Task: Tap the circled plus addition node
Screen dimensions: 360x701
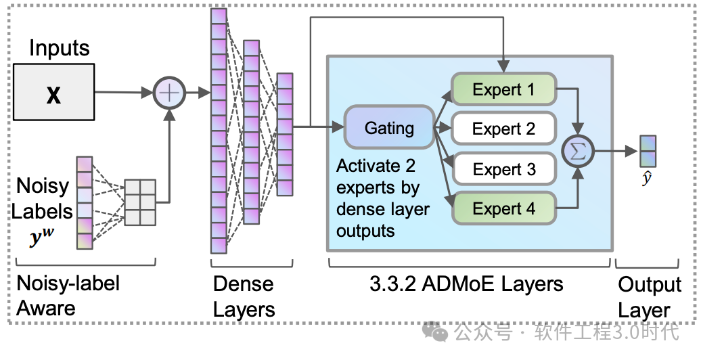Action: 169,92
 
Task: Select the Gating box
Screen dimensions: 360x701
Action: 389,127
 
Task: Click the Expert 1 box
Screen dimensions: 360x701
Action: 503,89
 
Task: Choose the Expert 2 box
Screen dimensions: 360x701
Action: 503,128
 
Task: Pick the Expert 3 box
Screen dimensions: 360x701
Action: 503,168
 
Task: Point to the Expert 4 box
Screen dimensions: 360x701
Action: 503,208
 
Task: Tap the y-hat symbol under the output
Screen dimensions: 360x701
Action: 646,179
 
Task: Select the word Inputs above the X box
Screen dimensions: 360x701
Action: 60,48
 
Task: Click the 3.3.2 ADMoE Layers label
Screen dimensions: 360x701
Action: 466,284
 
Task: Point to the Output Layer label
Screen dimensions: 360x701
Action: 649,297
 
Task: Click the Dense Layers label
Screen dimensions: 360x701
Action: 244,296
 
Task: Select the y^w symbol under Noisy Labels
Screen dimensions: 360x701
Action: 41,238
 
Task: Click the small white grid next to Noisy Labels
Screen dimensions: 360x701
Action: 140,202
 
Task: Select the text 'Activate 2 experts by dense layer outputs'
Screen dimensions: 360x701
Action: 382,198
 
